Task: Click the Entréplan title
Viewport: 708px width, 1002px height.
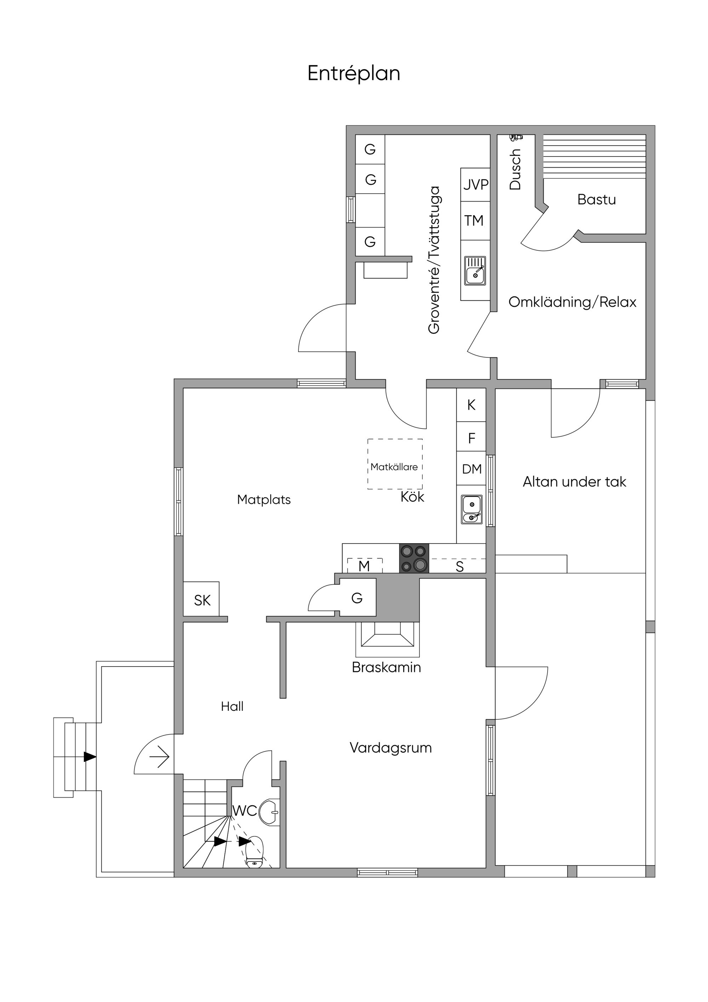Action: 354,74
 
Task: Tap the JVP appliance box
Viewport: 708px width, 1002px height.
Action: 475,185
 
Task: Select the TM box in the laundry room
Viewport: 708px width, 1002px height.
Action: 475,220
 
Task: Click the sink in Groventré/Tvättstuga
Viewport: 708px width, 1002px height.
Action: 475,271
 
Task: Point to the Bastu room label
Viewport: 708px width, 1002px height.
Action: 596,199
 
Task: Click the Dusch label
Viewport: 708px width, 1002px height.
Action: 515,169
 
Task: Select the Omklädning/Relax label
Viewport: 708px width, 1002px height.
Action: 572,302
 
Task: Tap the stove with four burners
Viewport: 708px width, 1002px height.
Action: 414,558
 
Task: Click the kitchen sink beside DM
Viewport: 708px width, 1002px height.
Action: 472,510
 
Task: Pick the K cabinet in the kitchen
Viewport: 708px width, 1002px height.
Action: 471,405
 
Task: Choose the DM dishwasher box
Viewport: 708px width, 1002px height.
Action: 471,468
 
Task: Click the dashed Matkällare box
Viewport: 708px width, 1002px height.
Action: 395,464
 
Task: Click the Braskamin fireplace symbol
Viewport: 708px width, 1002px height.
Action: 387,639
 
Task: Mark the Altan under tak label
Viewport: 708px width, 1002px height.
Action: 575,482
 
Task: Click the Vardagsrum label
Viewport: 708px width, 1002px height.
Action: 391,748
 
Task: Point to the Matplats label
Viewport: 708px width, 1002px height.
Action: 264,500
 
